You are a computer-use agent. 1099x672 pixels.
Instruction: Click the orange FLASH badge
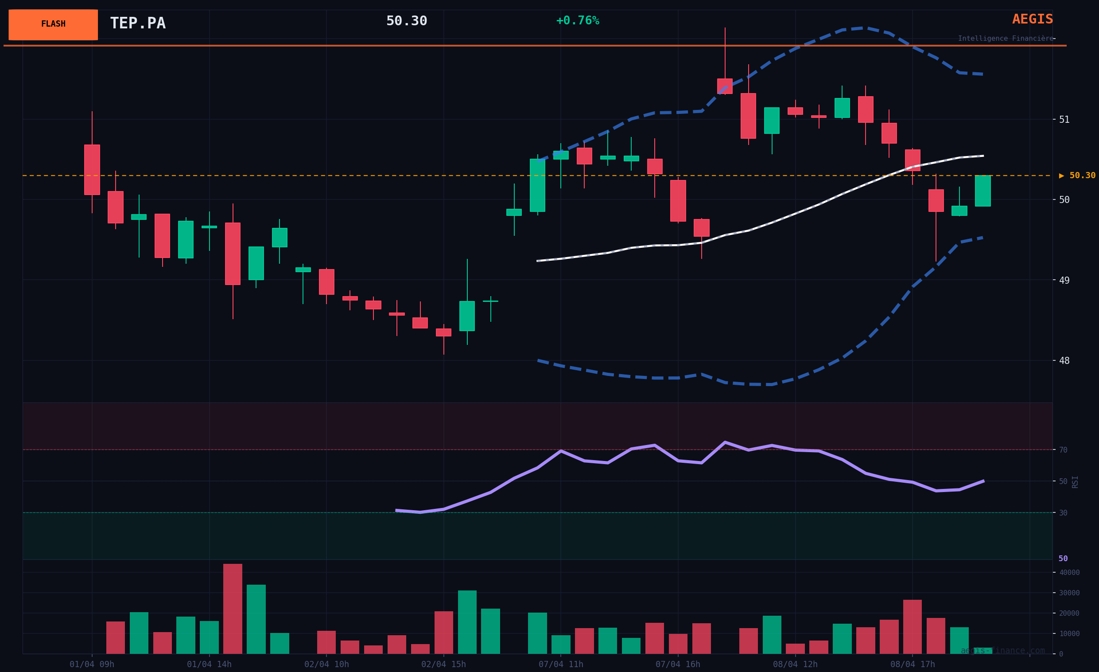53,24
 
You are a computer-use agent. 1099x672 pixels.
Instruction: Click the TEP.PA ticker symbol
137,23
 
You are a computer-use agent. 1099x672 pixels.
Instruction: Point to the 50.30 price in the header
406,21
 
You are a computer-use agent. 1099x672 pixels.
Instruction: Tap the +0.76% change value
578,21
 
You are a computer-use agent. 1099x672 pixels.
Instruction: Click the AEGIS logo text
1032,19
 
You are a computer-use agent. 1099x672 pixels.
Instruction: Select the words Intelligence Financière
1006,39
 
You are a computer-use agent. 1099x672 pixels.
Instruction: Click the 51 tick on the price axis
1064,120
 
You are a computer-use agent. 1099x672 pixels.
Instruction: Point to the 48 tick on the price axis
1064,360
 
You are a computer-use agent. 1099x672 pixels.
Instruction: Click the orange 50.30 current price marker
1078,176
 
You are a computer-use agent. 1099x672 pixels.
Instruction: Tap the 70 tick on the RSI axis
1063,450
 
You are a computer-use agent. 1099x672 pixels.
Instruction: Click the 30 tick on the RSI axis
1063,513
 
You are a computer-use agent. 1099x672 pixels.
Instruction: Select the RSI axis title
1075,482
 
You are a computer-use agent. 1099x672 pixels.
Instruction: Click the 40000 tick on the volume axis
1069,573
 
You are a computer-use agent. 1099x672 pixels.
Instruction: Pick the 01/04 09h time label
92,664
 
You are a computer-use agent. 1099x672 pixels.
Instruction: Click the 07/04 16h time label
677,664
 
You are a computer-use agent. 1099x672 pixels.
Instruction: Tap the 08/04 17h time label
913,664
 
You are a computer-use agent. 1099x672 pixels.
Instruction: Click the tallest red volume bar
233,609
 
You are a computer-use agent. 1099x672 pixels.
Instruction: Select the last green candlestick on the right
982,191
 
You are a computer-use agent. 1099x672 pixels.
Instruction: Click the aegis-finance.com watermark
1003,651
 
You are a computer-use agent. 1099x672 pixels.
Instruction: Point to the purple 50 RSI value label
1063,559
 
